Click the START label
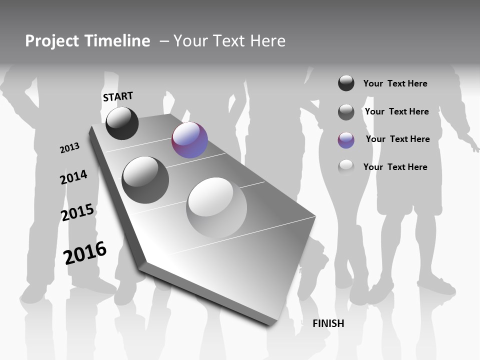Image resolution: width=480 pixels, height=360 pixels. click(x=118, y=96)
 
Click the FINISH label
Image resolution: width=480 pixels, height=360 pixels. click(x=328, y=323)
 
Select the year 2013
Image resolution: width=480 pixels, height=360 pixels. click(x=70, y=147)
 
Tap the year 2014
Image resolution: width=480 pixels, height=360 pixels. click(x=74, y=177)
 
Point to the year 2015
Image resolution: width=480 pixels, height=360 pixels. click(x=77, y=212)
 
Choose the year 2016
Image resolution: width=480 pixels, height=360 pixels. click(x=85, y=252)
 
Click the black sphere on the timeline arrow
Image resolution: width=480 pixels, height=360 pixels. click(x=122, y=123)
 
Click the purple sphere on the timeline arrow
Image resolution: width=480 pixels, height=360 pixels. click(x=189, y=140)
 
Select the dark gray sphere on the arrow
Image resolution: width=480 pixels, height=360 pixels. click(x=145, y=180)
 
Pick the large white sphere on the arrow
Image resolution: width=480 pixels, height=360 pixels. click(x=216, y=207)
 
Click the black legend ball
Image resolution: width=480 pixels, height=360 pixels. click(x=346, y=83)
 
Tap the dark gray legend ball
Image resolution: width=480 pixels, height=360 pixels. click(x=346, y=112)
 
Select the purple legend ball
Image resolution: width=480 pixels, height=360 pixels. click(x=346, y=140)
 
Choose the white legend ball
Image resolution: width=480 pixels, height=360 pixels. click(x=346, y=167)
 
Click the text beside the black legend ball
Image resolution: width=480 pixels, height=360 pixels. click(x=395, y=83)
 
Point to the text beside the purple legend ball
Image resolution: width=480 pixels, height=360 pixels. click(x=397, y=139)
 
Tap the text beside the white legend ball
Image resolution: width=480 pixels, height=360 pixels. click(x=395, y=167)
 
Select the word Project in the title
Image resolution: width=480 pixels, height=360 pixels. click(x=50, y=41)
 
